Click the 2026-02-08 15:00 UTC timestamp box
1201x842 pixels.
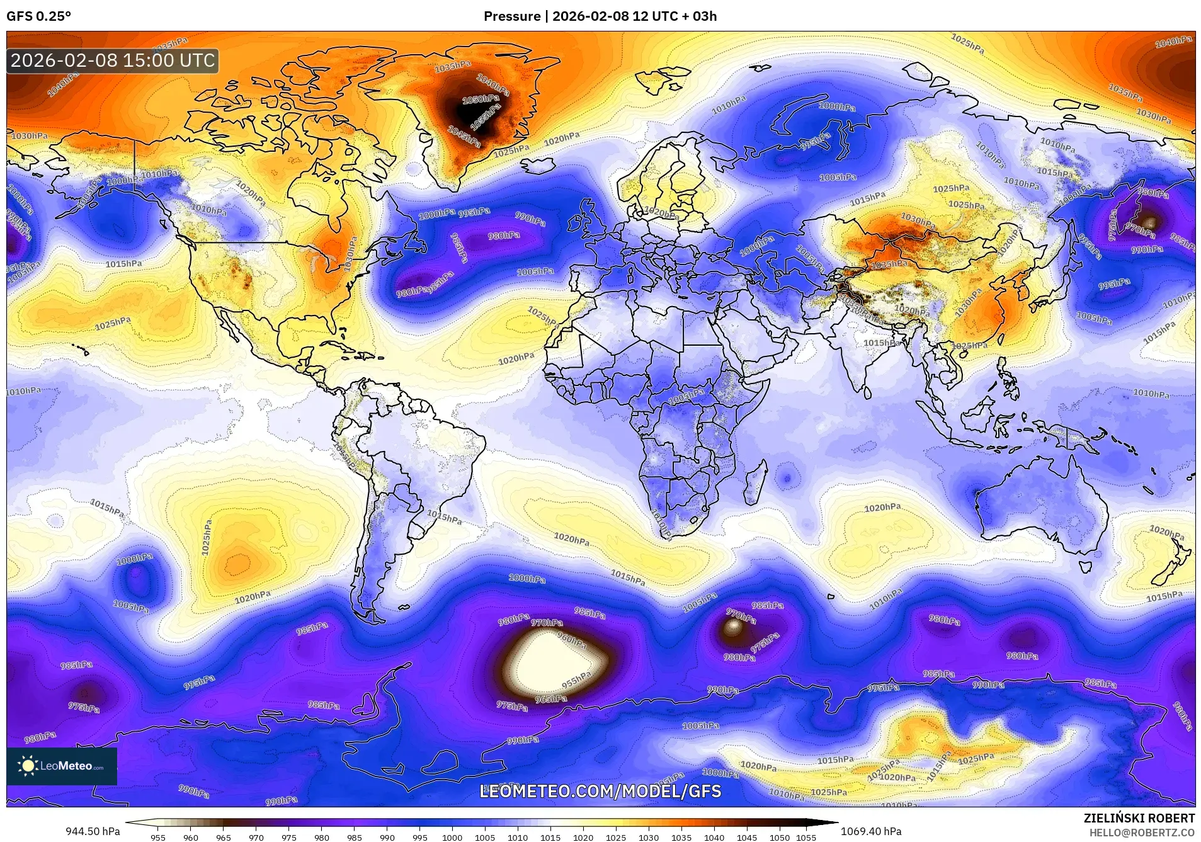coord(113,61)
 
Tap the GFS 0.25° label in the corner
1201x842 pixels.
coord(38,16)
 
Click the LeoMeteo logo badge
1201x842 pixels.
coord(62,766)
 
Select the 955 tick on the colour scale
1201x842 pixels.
coord(158,837)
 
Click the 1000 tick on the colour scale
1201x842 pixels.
coord(452,837)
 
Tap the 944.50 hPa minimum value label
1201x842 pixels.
coord(93,831)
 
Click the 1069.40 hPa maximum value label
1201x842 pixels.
coord(871,831)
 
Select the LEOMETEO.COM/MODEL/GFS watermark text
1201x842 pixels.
coord(600,791)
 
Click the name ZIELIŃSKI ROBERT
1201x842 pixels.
coord(1139,818)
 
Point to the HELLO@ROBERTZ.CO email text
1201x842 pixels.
coord(1142,832)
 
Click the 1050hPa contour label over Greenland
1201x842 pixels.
coord(481,100)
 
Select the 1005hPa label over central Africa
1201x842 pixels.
coord(686,395)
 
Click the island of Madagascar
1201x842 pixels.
coord(754,482)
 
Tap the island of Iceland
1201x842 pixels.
coord(537,167)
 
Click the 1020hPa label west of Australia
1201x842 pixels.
coord(882,508)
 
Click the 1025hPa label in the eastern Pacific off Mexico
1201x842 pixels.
coord(113,324)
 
